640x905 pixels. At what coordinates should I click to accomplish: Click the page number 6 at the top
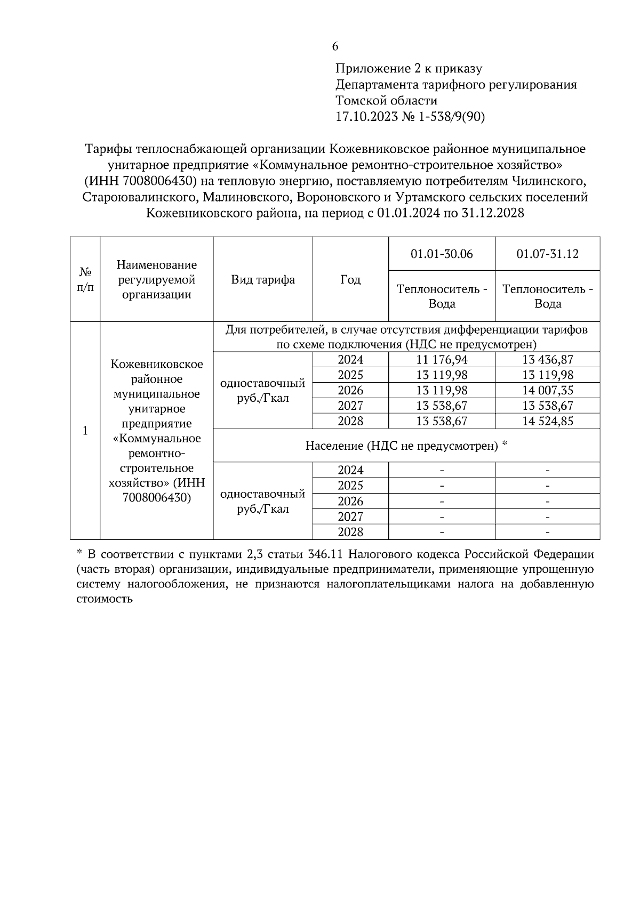click(x=335, y=47)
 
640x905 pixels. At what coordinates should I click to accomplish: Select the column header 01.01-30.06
click(x=442, y=254)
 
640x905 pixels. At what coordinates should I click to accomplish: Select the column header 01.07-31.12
click(x=547, y=254)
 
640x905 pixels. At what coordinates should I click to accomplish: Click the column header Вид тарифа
click(x=262, y=280)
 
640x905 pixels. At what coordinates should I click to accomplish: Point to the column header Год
click(x=350, y=280)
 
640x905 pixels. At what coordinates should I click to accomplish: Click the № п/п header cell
click(x=85, y=280)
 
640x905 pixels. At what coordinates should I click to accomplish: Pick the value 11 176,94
click(x=442, y=360)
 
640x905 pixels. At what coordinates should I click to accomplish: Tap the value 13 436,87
click(x=547, y=360)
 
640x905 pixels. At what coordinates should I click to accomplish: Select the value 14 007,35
click(x=547, y=391)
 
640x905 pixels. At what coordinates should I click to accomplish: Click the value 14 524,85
click(x=547, y=421)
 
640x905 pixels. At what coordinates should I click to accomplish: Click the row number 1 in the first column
click(x=85, y=431)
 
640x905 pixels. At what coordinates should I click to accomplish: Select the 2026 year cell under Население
click(x=350, y=502)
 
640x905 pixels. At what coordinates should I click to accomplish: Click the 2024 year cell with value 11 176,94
click(x=350, y=360)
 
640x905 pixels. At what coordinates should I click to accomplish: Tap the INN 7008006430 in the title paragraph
click(x=142, y=181)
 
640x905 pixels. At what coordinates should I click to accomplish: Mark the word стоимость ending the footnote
click(x=104, y=598)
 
